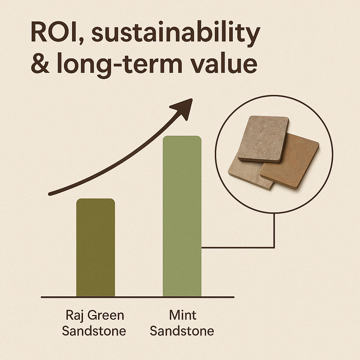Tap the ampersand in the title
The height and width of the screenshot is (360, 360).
[x=40, y=63]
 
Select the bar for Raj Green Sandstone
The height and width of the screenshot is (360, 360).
[x=96, y=247]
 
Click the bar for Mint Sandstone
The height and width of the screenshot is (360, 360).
[x=182, y=216]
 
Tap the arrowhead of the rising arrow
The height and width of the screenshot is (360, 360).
[x=182, y=108]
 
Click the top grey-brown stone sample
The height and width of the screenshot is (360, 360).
[x=263, y=139]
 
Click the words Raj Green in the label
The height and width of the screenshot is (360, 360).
[x=95, y=315]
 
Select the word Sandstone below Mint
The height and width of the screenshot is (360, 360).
[x=182, y=331]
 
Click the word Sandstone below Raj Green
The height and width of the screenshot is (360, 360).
[x=94, y=331]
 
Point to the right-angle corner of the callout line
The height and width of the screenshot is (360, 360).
[x=274, y=247]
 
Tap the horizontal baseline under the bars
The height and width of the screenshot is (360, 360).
[x=137, y=297]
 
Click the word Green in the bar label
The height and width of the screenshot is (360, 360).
[x=106, y=315]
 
